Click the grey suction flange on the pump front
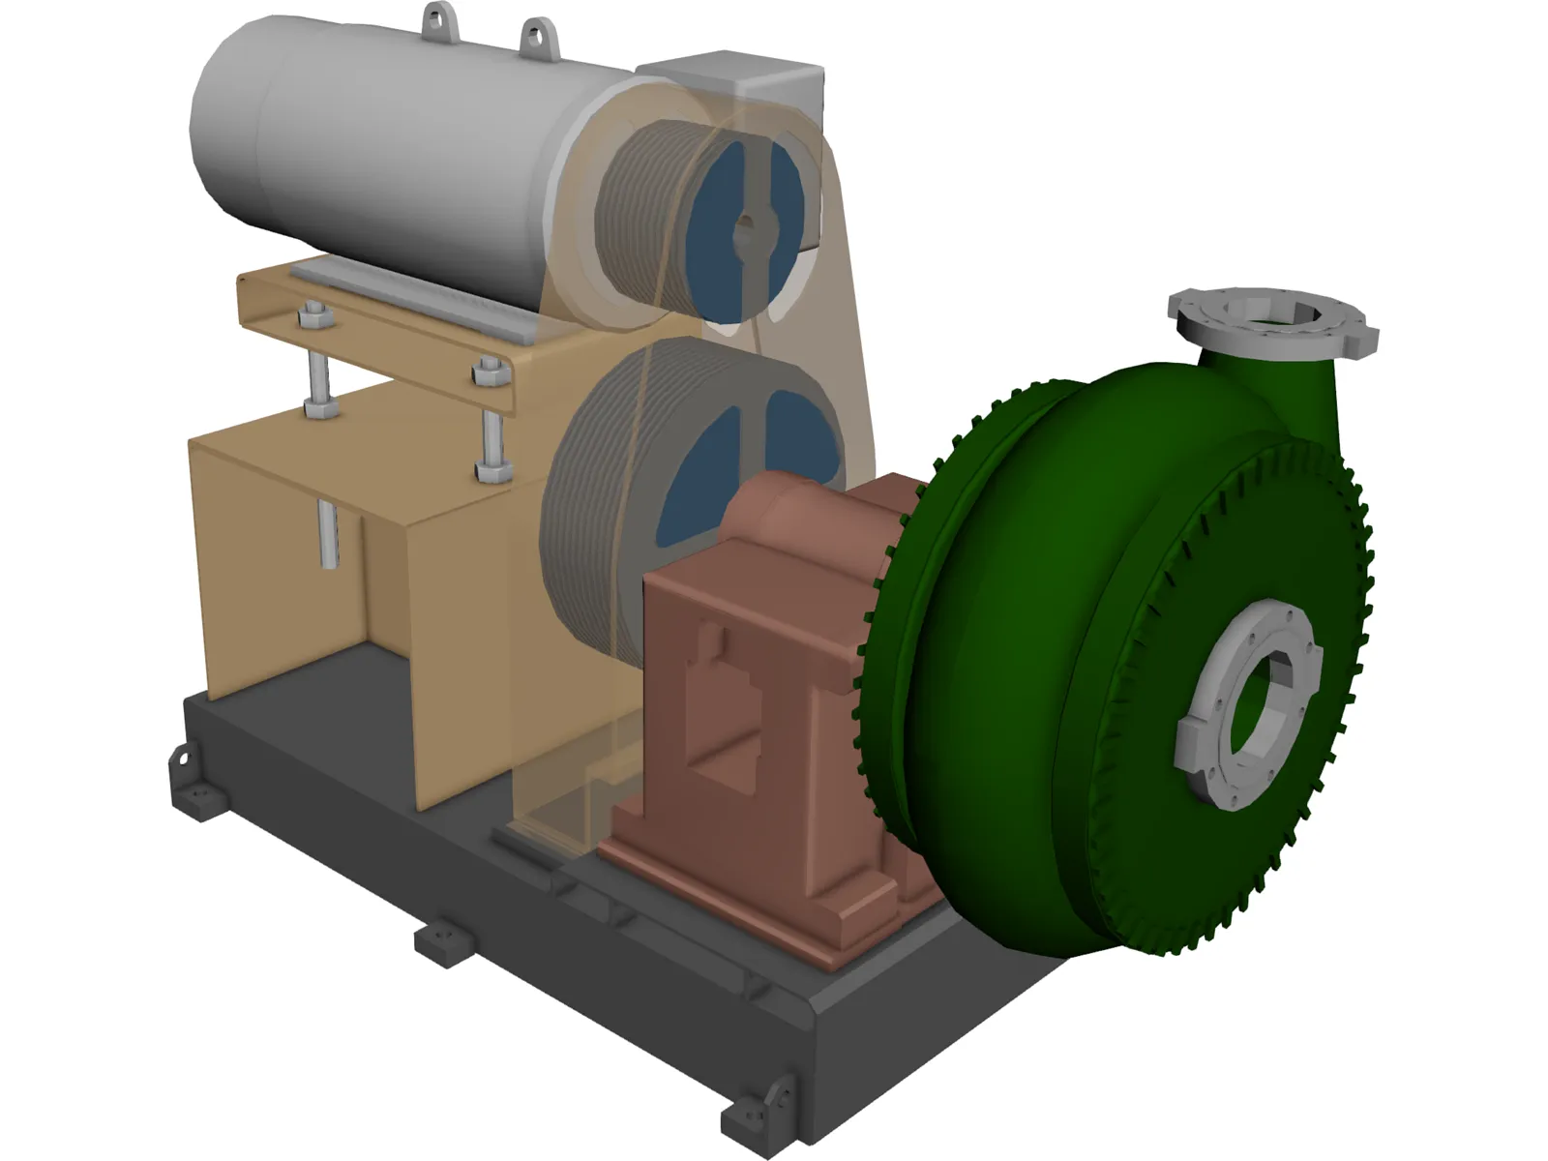tap(1248, 701)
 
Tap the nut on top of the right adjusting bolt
tap(489, 371)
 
